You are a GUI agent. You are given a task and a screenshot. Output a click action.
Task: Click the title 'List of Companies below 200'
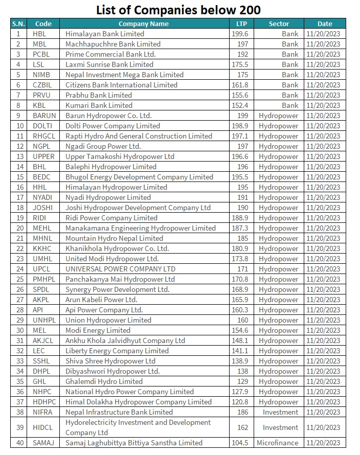pos(179,9)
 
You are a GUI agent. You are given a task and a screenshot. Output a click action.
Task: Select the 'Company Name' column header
pos(143,24)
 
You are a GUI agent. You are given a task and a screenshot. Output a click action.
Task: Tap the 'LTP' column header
pos(241,24)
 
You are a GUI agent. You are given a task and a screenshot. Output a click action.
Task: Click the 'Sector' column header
pos(279,24)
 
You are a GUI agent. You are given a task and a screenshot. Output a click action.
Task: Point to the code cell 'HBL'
pos(39,34)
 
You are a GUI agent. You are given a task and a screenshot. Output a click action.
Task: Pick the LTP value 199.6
pos(241,34)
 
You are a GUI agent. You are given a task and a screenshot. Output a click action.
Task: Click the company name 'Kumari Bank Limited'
pos(99,105)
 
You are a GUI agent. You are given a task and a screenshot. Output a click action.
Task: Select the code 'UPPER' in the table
pos(43,156)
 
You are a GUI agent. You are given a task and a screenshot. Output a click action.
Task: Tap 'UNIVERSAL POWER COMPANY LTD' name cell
pos(120,269)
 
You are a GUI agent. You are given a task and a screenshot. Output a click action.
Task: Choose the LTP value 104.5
pos(241,443)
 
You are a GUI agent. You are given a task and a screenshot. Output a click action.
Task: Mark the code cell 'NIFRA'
pos(43,412)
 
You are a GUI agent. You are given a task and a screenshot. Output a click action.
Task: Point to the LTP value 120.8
pos(241,402)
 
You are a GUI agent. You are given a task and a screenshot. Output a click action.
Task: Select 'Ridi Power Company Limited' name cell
pos(111,218)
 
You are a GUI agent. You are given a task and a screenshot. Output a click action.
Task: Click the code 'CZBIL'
pos(43,85)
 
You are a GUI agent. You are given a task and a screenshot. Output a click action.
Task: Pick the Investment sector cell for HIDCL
pos(280,427)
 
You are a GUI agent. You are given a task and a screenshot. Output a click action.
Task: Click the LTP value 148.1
pos(241,340)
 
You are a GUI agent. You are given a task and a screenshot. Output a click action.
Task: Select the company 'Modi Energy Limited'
pos(98,330)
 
